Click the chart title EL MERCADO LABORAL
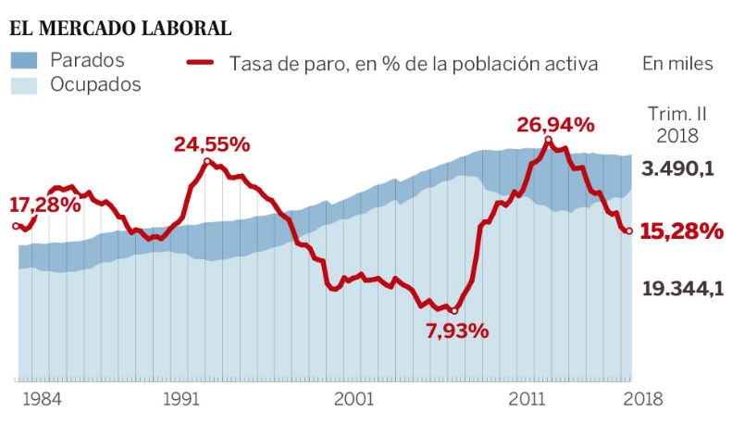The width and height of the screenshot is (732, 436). [x=120, y=28]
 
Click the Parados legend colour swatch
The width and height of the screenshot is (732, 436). [x=24, y=61]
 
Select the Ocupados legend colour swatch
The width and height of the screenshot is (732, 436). [x=24, y=85]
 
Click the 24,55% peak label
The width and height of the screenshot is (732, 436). [x=212, y=144]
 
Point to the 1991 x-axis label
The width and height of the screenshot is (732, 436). [x=181, y=399]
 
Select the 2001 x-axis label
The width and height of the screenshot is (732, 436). [x=354, y=399]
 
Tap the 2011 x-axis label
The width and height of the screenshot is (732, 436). [x=526, y=399]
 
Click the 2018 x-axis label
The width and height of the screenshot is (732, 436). [x=642, y=399]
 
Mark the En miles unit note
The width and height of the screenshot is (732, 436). [x=677, y=64]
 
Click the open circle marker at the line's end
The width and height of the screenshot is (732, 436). [x=629, y=231]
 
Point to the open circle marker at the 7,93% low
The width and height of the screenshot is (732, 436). [x=453, y=310]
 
